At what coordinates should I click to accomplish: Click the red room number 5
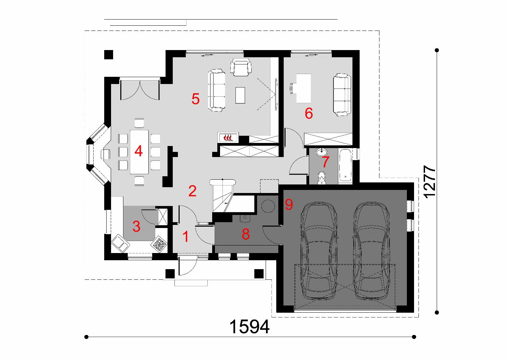point(195,99)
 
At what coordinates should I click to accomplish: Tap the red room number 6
point(309,113)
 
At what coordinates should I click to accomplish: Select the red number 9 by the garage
point(289,204)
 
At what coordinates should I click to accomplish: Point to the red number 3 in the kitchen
point(136,226)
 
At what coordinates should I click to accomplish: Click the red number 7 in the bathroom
point(325,161)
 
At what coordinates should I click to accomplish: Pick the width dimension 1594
point(250,327)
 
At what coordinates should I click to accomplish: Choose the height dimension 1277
point(430,182)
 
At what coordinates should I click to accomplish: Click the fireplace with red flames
point(228,137)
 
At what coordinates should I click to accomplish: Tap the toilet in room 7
point(322,178)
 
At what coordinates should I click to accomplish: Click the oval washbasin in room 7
point(322,152)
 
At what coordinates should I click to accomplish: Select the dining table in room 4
point(139,152)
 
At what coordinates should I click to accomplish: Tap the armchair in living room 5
point(241,67)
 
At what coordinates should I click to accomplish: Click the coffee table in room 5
point(240,95)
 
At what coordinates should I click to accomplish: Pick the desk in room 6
point(304,88)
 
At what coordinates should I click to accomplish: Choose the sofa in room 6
point(342,95)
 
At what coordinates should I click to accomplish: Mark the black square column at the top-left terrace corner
point(109,55)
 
